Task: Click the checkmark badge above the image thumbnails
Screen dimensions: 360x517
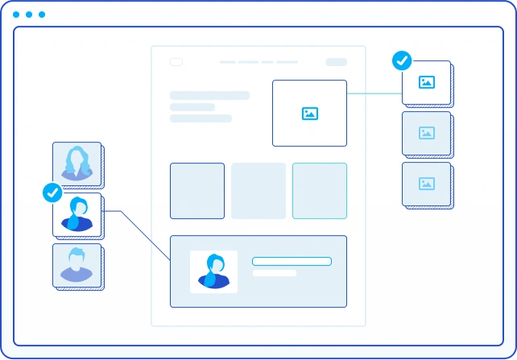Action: pos(401,60)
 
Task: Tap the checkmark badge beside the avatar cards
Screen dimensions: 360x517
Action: pos(52,192)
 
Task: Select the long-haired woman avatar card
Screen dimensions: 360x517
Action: pos(77,165)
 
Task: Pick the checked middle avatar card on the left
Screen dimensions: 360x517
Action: pos(78,215)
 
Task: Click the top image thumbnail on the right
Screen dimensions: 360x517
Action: pos(427,82)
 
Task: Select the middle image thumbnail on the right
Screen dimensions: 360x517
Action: pos(427,133)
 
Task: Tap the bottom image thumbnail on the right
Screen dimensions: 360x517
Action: pos(427,184)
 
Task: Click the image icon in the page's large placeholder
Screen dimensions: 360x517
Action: pos(310,114)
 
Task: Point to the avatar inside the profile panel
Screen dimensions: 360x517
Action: pos(213,271)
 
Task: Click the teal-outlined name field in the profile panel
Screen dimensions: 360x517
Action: pos(292,261)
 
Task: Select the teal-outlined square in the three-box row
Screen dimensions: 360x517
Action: pos(320,191)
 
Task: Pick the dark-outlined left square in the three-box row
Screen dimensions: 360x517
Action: pos(197,191)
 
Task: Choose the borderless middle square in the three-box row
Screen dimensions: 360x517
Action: pos(258,191)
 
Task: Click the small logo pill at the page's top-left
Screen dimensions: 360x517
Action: pos(176,62)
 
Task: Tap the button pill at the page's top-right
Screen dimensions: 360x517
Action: pos(336,62)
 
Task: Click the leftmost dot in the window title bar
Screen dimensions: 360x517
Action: pos(16,14)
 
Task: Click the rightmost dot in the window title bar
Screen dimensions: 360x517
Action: pos(42,14)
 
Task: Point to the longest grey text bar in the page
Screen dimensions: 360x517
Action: pos(209,95)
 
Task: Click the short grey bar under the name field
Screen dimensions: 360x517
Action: pos(275,273)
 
